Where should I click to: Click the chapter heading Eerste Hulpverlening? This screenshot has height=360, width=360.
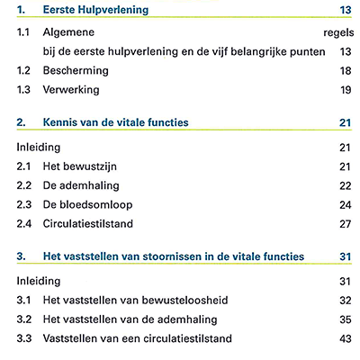tap(95, 10)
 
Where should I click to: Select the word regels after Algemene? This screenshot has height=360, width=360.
tap(338, 33)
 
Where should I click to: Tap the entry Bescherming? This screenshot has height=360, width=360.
tap(76, 71)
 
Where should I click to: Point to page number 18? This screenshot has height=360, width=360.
tap(346, 71)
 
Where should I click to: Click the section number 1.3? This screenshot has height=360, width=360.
tap(23, 90)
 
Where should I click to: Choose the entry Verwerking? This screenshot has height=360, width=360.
tap(71, 90)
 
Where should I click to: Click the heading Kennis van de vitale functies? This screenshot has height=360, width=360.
tap(116, 122)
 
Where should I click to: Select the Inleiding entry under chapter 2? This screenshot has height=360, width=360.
tap(39, 148)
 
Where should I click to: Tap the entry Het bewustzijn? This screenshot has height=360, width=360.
tap(80, 166)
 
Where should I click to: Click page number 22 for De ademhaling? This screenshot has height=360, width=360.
tap(346, 186)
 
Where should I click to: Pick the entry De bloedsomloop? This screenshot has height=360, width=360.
tap(87, 205)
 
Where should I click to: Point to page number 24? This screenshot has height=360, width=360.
tap(346, 205)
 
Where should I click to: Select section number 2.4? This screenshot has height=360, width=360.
tap(24, 224)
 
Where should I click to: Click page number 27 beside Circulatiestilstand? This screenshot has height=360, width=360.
tap(346, 224)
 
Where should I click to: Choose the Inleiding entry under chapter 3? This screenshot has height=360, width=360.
tap(39, 281)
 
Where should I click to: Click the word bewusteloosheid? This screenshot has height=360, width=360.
tap(184, 301)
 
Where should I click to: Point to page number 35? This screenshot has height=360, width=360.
tap(346, 319)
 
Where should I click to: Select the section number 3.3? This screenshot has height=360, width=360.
tap(24, 338)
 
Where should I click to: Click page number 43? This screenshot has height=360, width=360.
tap(346, 339)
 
